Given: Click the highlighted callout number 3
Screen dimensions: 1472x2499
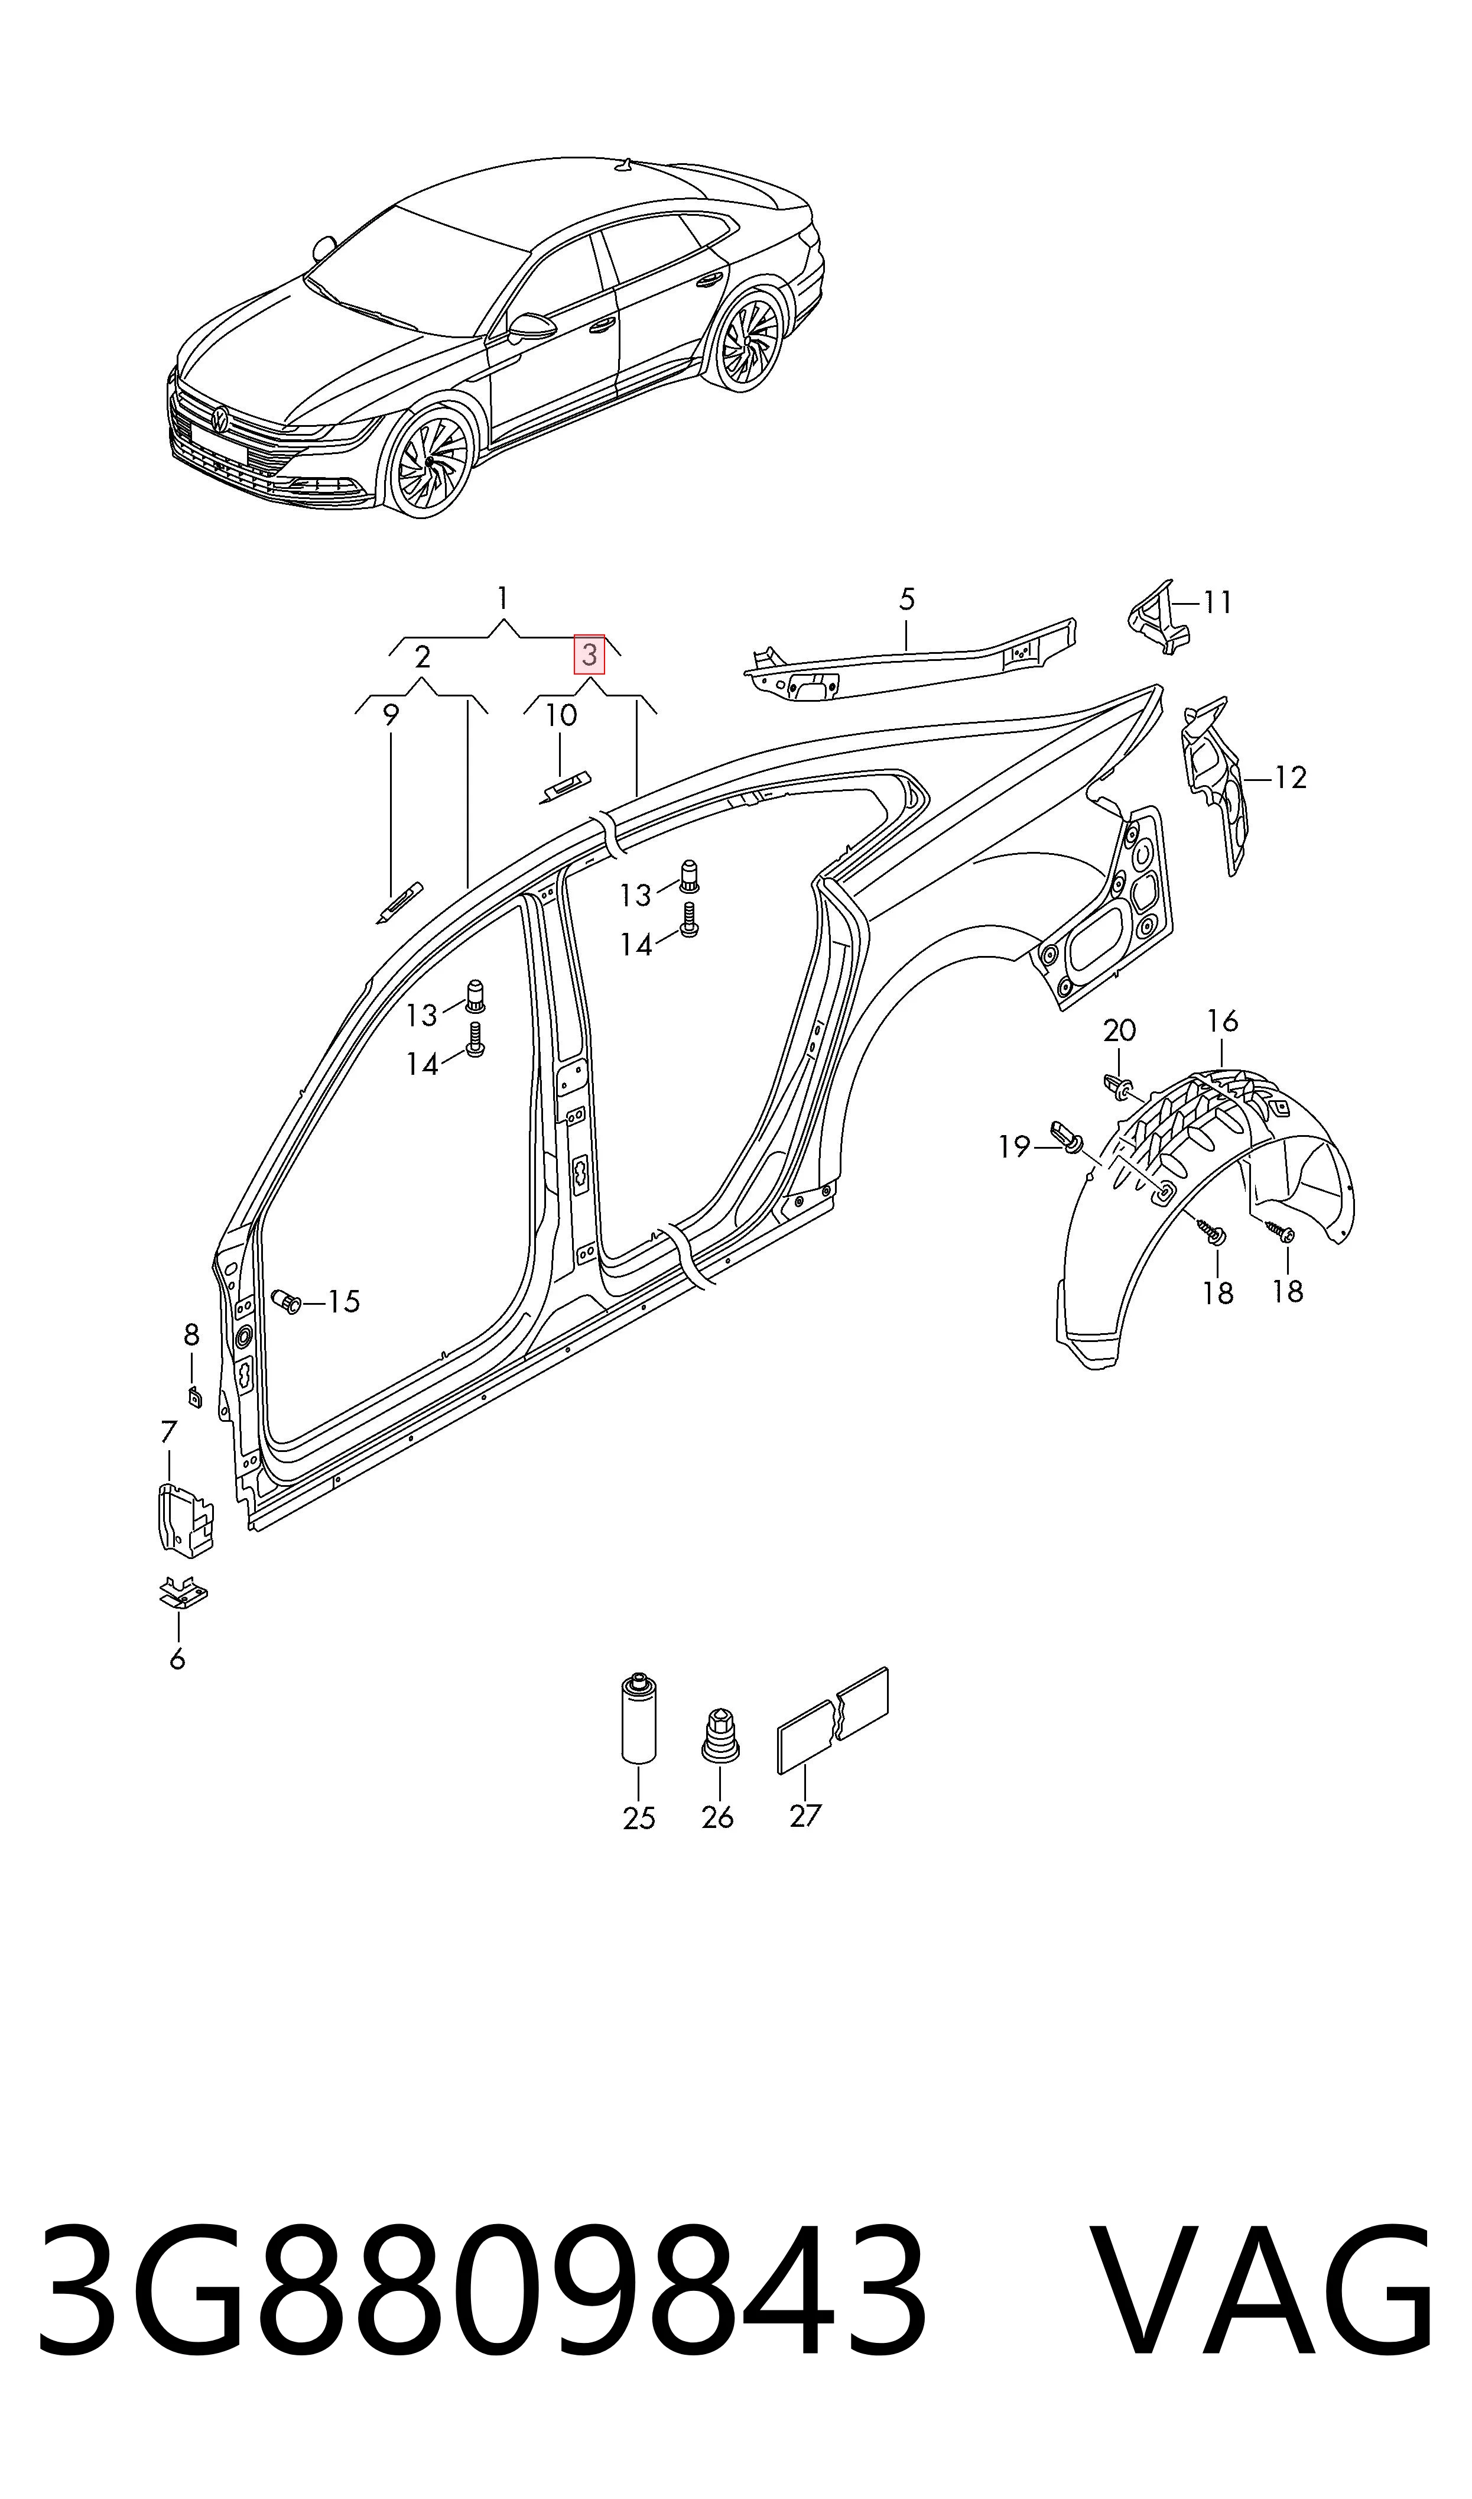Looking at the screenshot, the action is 589,655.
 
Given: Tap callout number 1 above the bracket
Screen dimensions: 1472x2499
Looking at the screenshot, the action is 503,598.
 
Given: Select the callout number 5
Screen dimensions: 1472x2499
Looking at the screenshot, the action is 906,599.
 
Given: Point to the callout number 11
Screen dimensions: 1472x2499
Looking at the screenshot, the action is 1218,602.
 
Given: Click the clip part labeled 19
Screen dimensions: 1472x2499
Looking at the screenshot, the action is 1066,1137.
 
